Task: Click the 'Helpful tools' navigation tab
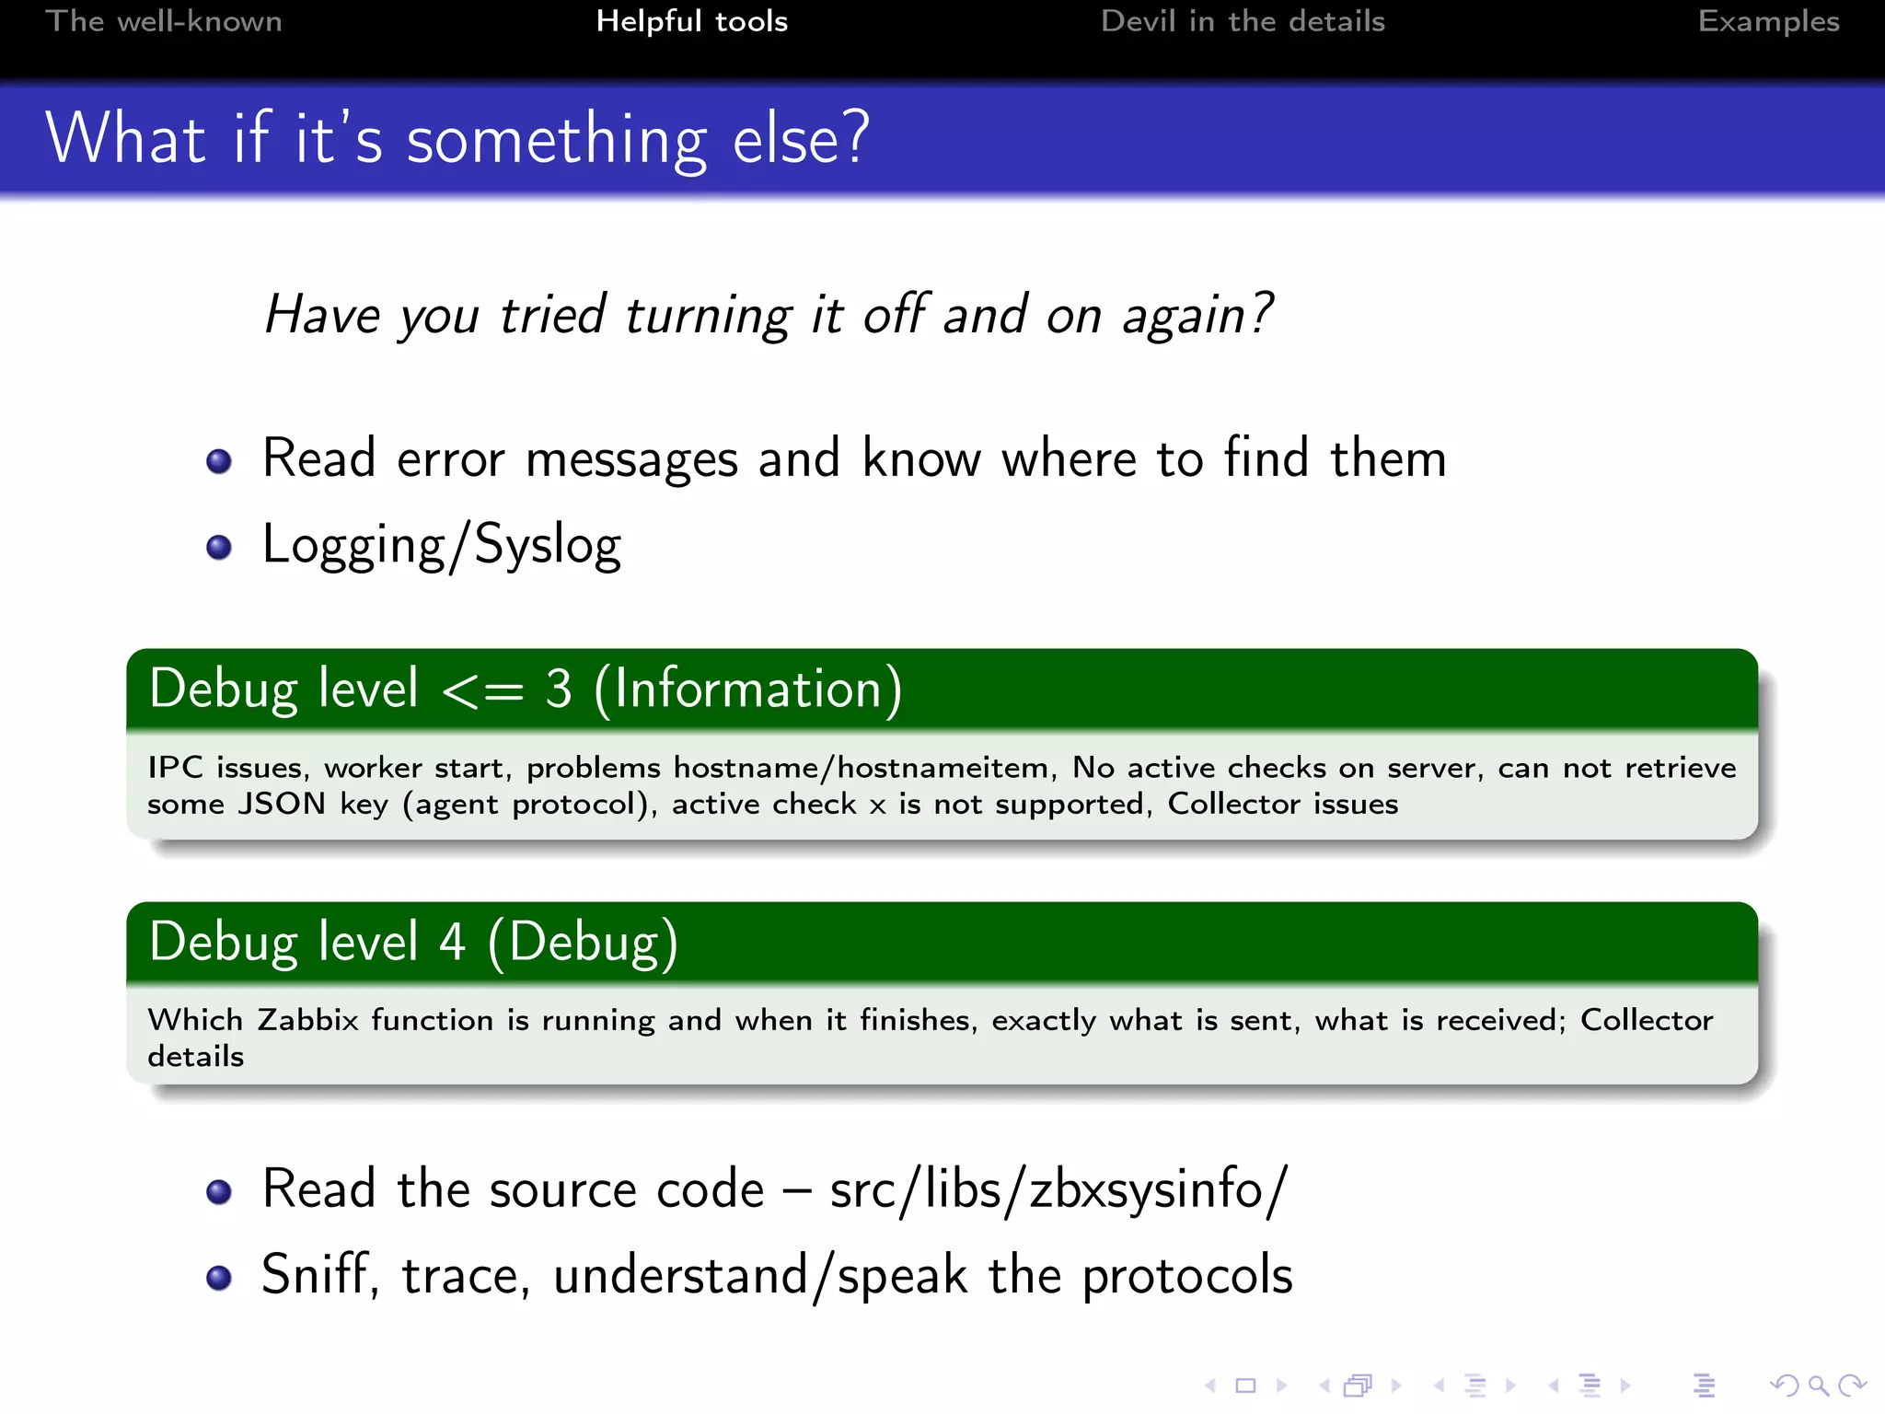click(x=691, y=21)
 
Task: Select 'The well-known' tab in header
click(x=164, y=21)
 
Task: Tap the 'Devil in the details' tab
click(x=1242, y=21)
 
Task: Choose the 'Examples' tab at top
click(x=1768, y=21)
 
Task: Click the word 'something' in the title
click(x=557, y=140)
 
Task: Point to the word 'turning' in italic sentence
click(x=707, y=316)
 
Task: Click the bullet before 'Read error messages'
click(x=219, y=460)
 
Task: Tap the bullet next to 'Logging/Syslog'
click(x=219, y=547)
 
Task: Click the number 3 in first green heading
click(x=558, y=689)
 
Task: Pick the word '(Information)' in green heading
click(x=747, y=689)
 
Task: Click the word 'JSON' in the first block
click(x=282, y=804)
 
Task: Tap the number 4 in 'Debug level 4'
click(x=451, y=942)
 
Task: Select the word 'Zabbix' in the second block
click(x=307, y=1020)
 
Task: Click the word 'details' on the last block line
click(x=195, y=1056)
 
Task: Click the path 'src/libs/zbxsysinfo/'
click(x=1058, y=1189)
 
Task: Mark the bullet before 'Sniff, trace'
click(x=219, y=1278)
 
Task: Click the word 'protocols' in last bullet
click(x=1186, y=1277)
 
